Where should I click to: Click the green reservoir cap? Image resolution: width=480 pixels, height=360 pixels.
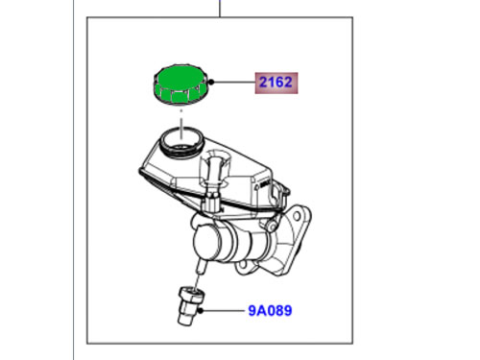pos(179,84)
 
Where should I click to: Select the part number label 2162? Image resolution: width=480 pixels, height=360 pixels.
pos(276,83)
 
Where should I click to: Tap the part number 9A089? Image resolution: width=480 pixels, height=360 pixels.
pos(270,311)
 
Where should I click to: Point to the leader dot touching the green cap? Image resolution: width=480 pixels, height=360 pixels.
pos(211,83)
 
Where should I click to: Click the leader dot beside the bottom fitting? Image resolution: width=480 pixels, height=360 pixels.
pos(201,310)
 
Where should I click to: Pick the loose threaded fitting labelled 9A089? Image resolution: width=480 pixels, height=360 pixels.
pos(190,306)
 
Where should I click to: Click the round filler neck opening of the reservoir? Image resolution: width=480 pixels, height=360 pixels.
pos(182,142)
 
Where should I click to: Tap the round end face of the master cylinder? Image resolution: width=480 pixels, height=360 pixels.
pos(206,242)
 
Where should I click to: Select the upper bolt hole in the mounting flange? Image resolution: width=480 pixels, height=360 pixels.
pos(297,216)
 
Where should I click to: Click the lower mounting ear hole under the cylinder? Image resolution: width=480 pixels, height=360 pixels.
pos(243,265)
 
